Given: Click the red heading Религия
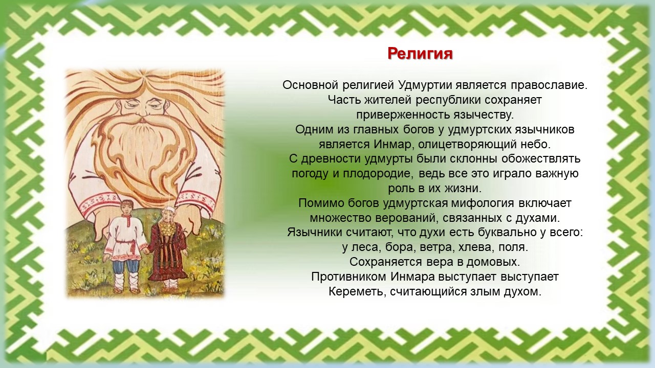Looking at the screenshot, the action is click(x=420, y=54).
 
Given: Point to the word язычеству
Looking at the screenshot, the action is click(x=484, y=115).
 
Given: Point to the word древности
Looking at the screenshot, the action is click(x=332, y=159).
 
